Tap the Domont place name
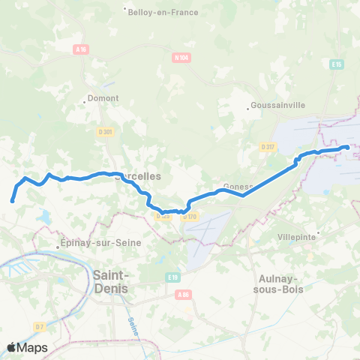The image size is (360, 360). [x=99, y=98]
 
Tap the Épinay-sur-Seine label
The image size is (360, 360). [x=93, y=244]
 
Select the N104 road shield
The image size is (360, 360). [x=180, y=57]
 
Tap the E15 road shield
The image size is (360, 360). [x=336, y=64]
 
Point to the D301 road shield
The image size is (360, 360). [x=105, y=133]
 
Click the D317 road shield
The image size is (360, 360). [x=268, y=147]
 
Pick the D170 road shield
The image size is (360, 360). [x=190, y=217]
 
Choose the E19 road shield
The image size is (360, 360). [x=174, y=277]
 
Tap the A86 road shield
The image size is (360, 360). [x=183, y=295]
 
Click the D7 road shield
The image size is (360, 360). [x=38, y=327]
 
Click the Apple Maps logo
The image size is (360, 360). [x=27, y=347]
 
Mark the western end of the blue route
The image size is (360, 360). [x=12, y=200]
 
